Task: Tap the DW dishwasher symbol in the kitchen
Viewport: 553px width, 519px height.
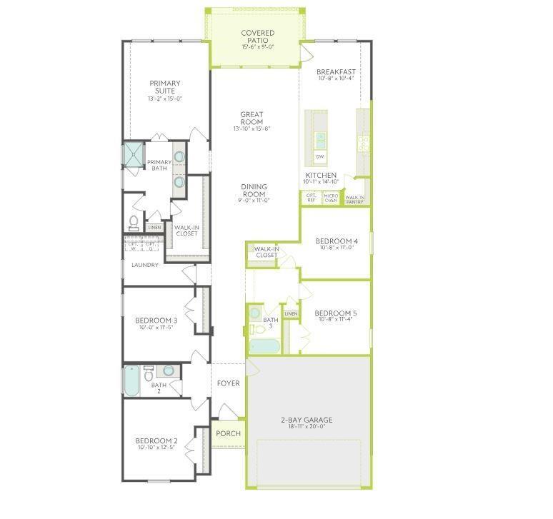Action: [320, 156]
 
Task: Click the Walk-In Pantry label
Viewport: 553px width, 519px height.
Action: [355, 199]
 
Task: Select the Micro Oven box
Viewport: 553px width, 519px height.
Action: [331, 198]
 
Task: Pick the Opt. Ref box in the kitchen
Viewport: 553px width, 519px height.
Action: [312, 198]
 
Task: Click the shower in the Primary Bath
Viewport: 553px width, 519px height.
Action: [134, 154]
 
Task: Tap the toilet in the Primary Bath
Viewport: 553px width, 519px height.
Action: [134, 221]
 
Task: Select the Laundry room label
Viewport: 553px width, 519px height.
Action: [145, 265]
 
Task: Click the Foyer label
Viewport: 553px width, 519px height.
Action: [228, 383]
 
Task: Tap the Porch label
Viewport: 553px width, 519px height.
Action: [228, 433]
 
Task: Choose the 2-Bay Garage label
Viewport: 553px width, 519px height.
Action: [306, 420]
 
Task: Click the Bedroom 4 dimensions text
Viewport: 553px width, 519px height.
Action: [336, 248]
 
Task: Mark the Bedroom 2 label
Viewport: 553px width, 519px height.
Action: [156, 440]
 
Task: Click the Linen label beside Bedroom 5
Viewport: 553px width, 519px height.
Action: [291, 313]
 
